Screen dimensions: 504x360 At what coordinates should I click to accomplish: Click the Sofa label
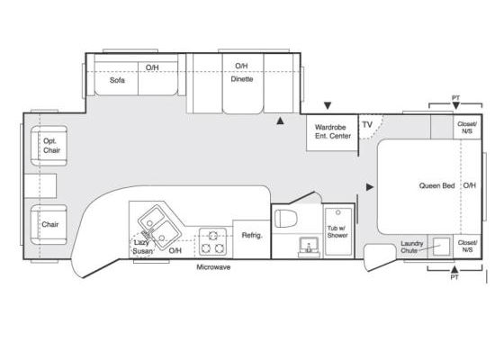[117, 80]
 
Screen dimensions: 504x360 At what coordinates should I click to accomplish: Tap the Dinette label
[242, 79]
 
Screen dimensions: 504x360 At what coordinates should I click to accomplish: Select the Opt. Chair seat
[49, 146]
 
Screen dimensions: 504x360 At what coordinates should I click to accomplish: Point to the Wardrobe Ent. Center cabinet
[332, 133]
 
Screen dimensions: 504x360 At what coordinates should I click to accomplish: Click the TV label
[367, 125]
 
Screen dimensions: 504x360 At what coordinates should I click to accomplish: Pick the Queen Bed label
[436, 185]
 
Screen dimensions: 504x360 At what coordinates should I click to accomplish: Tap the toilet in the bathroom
[286, 218]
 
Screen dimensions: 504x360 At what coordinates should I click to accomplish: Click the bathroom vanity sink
[309, 247]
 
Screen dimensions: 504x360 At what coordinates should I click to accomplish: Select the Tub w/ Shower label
[337, 232]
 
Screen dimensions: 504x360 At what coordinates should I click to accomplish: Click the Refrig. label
[252, 235]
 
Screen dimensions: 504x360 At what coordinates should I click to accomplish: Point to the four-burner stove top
[212, 242]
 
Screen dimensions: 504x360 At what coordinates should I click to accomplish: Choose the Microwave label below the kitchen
[213, 267]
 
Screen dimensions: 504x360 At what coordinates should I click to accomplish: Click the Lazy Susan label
[142, 247]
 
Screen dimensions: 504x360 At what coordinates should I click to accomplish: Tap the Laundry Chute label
[412, 247]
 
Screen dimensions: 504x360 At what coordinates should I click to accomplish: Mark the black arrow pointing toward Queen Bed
[370, 187]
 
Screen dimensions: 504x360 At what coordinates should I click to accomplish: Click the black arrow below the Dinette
[280, 121]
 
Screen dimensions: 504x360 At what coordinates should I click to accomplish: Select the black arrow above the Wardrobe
[328, 106]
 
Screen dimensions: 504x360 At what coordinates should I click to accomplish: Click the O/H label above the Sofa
[152, 67]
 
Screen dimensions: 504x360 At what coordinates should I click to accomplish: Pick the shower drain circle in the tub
[337, 212]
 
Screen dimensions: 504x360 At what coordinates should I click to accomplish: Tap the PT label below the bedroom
[454, 277]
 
